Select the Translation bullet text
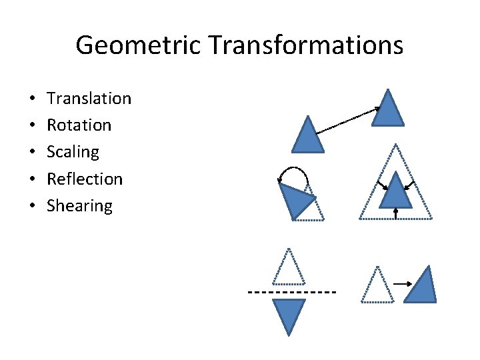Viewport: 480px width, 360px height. click(x=89, y=99)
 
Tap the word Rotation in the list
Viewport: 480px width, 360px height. click(x=79, y=125)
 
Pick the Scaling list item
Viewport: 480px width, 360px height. click(x=73, y=152)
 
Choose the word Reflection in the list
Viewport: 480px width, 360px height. click(x=85, y=179)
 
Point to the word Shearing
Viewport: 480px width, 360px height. click(x=79, y=205)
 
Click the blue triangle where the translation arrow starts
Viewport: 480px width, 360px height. click(x=307, y=137)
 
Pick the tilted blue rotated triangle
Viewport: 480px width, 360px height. click(x=295, y=199)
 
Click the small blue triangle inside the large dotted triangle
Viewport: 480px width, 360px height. click(x=396, y=193)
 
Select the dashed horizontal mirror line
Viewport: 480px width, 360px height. click(x=291, y=292)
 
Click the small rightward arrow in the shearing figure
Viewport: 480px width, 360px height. click(x=402, y=284)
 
